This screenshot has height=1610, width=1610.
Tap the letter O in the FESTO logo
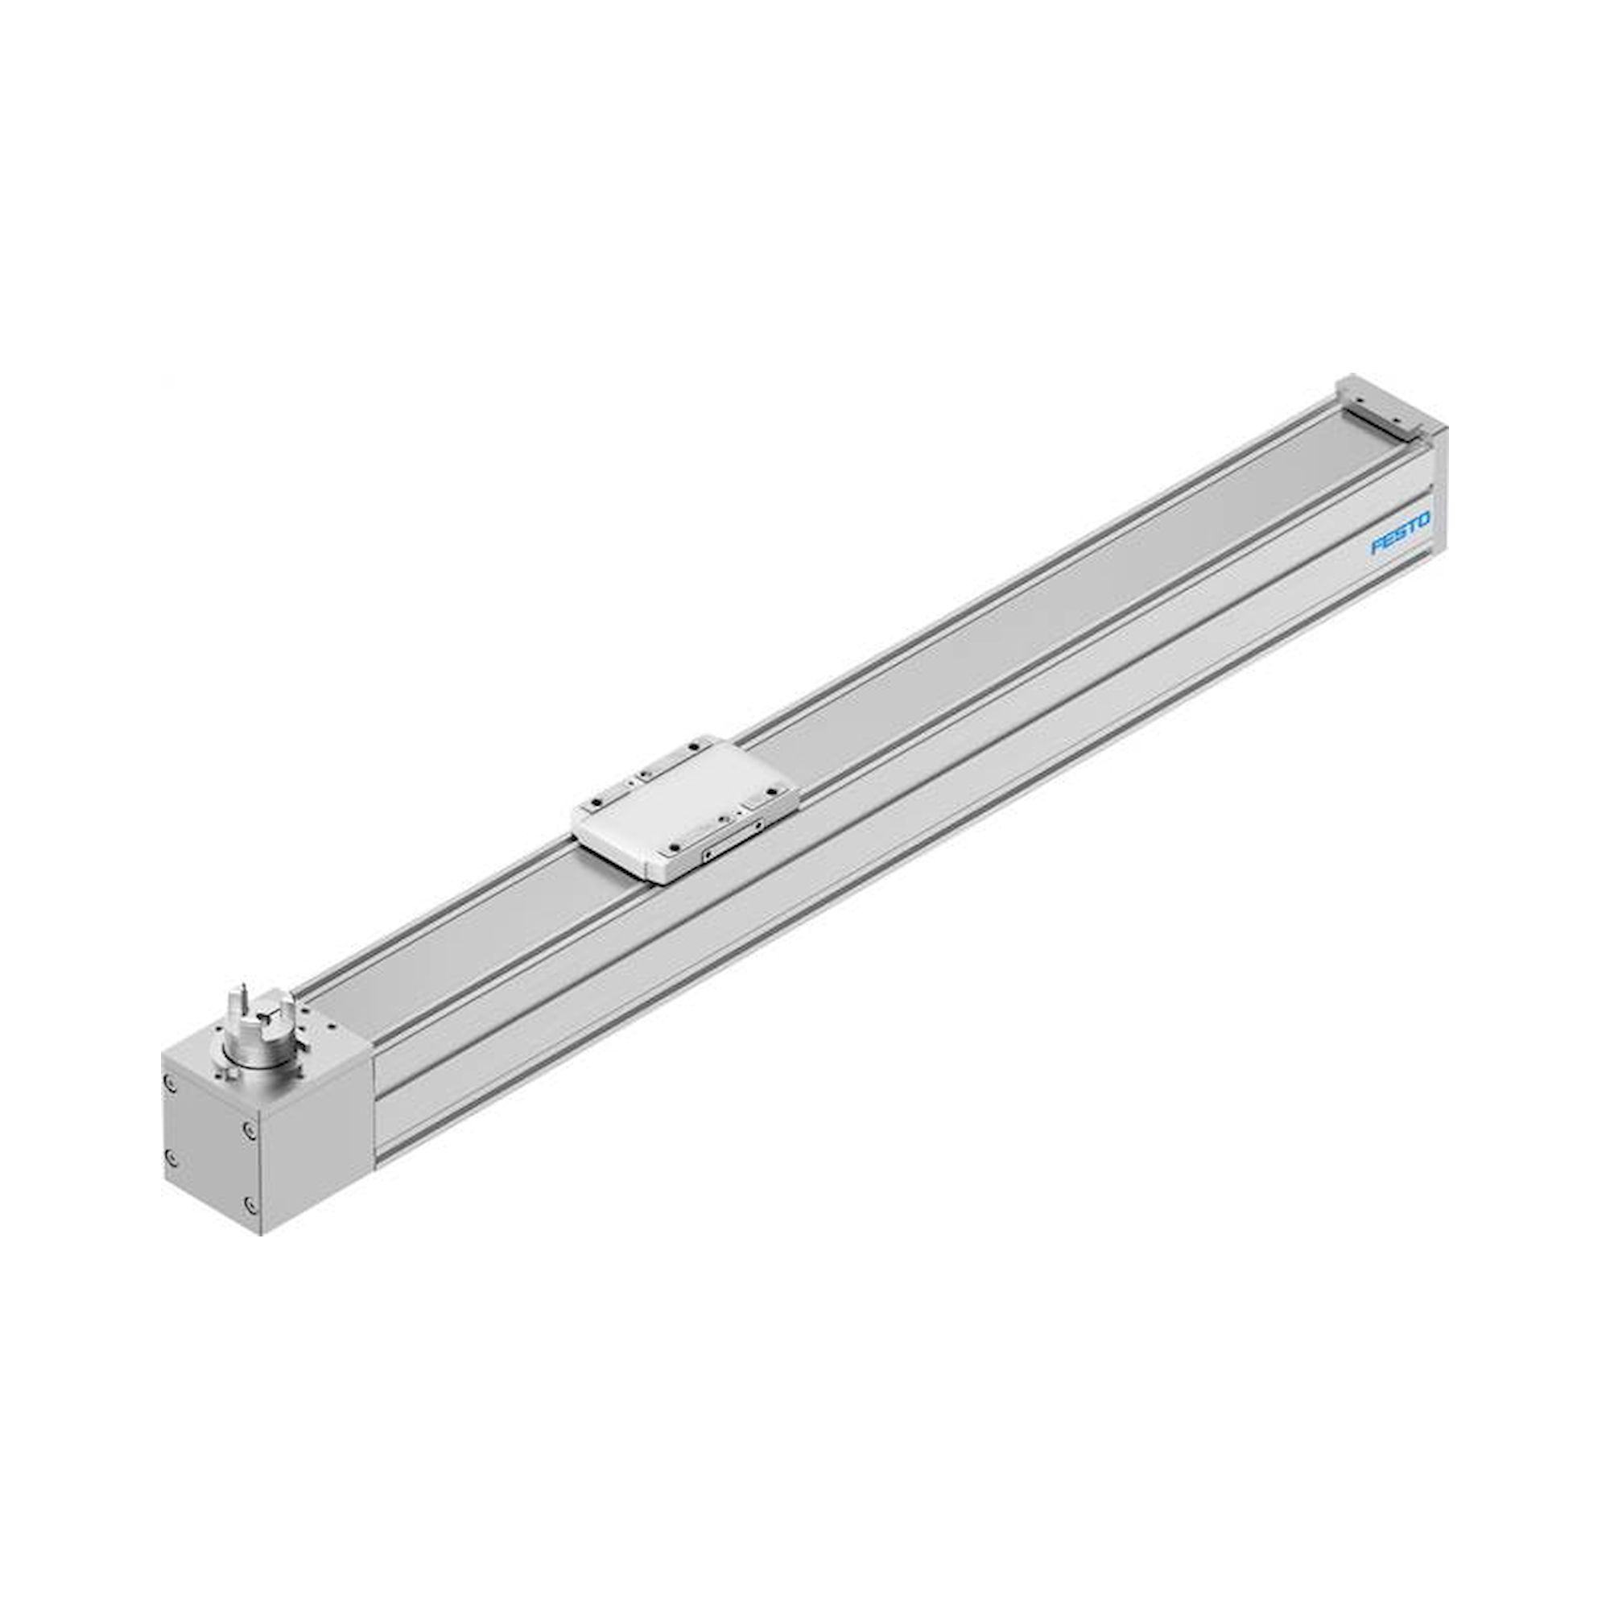(1423, 519)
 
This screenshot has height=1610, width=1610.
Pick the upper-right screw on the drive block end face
(247, 1129)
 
